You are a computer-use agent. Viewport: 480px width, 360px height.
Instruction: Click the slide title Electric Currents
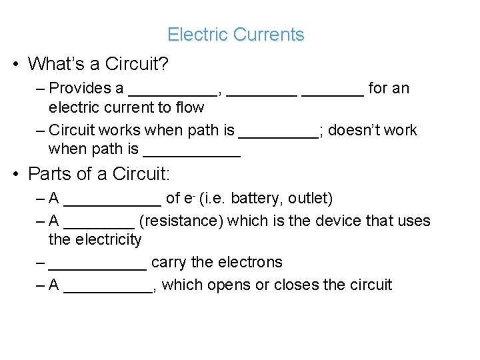pyautogui.click(x=235, y=35)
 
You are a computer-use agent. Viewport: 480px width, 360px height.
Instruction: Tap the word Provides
pyautogui.click(x=80, y=88)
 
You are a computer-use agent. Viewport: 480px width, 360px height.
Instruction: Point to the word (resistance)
pyautogui.click(x=181, y=221)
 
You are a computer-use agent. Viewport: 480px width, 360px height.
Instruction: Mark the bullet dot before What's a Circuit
pyautogui.click(x=15, y=65)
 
